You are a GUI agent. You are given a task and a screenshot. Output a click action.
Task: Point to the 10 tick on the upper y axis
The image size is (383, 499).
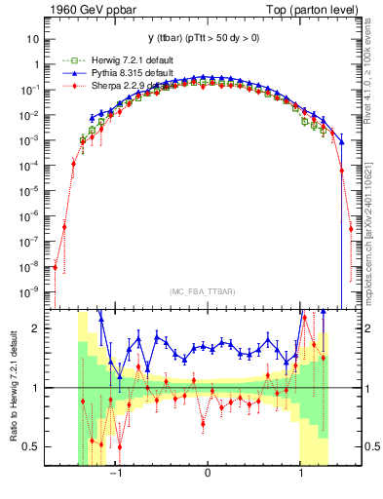[32, 39]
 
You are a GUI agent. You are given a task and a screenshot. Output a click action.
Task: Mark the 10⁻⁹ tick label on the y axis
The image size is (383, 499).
[30, 291]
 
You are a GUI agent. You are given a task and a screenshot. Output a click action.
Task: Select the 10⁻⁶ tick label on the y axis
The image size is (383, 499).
[30, 216]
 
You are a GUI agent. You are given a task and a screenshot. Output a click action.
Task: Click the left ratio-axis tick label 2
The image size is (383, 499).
[37, 328]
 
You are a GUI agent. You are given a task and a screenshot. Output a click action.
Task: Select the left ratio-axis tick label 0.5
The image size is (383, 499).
[33, 447]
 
